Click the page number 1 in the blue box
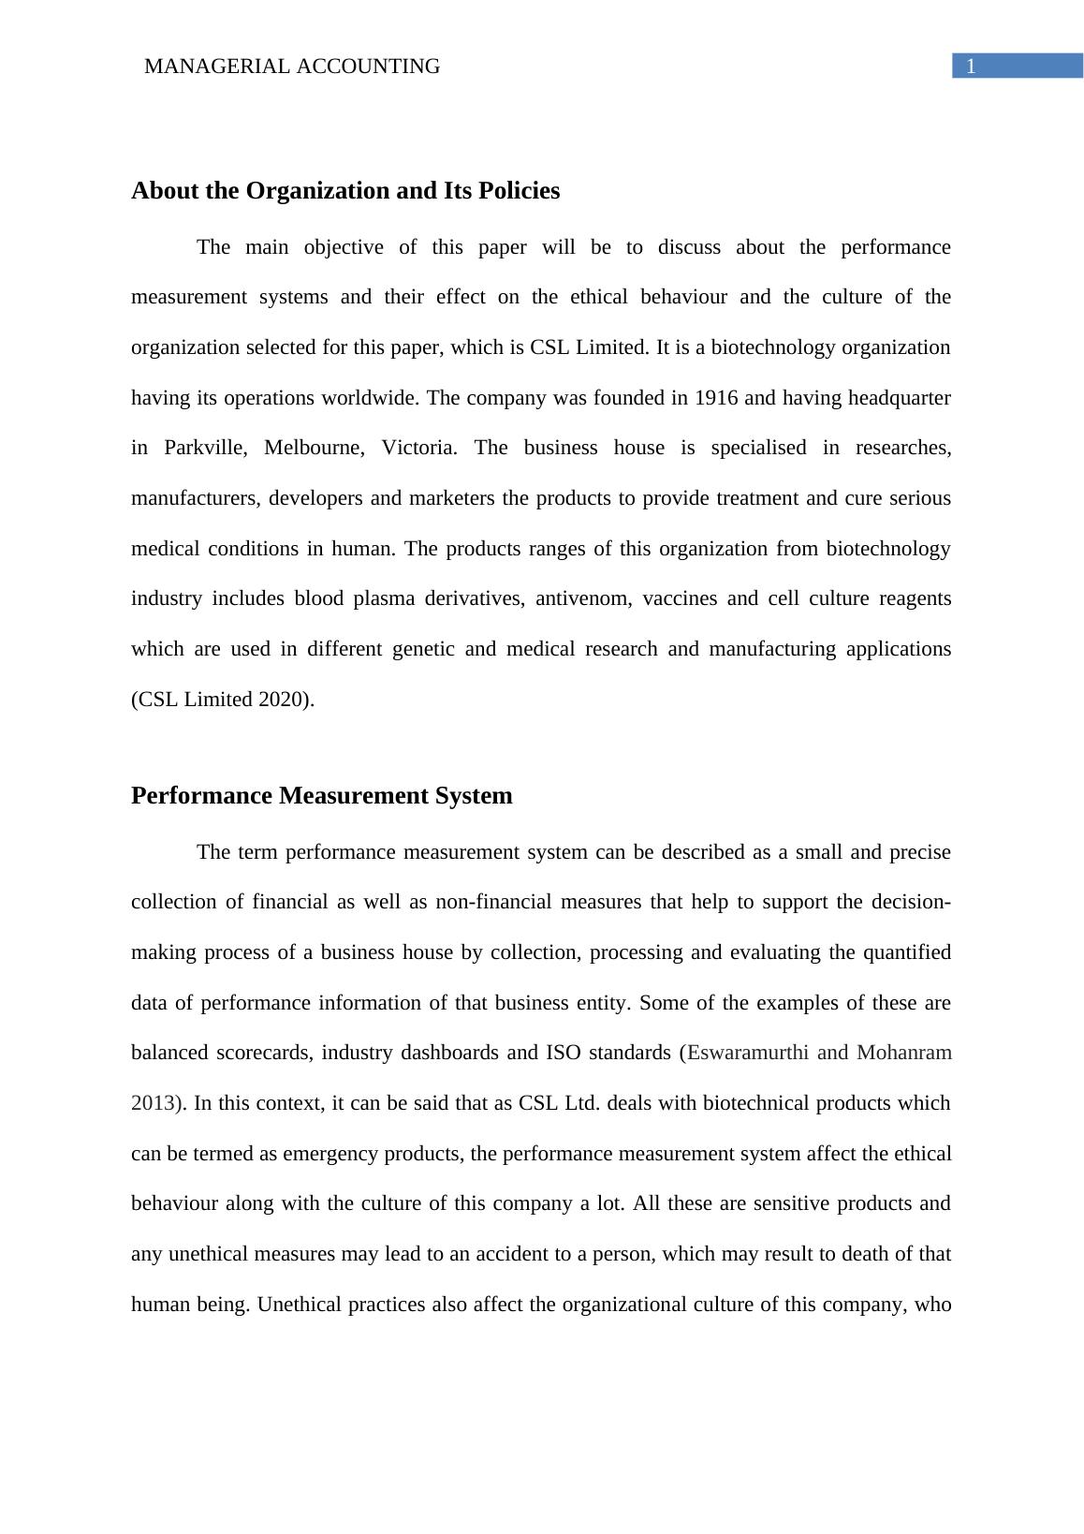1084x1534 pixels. tap(971, 66)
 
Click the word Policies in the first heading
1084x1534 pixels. tap(520, 191)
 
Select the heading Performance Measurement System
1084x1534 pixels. tap(321, 796)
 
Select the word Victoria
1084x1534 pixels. tap(418, 448)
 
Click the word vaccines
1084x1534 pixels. tap(678, 598)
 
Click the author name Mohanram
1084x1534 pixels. tap(903, 1053)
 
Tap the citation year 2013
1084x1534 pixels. tap(154, 1103)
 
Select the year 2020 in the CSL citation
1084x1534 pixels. tap(283, 700)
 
